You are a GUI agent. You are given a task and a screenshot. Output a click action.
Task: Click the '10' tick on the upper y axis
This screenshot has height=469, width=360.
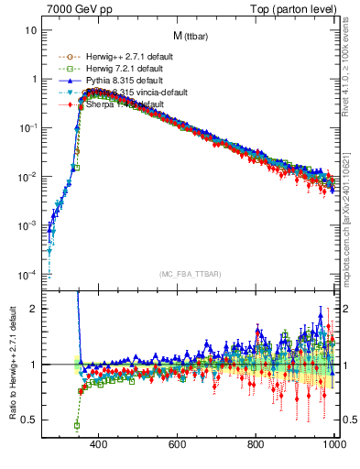point(28,30)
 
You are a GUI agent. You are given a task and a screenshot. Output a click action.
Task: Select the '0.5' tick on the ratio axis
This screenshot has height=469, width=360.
point(28,420)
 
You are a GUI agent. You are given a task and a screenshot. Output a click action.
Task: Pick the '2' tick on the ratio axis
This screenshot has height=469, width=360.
point(32,309)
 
